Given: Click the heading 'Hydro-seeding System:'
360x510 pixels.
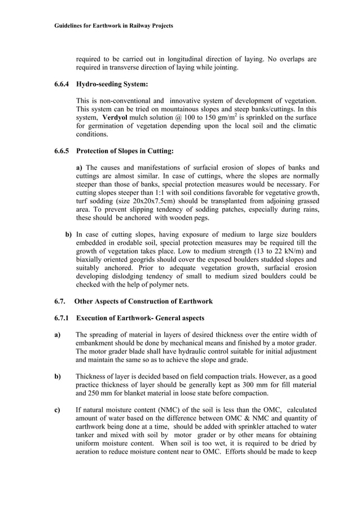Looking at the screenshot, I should pos(112,84).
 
